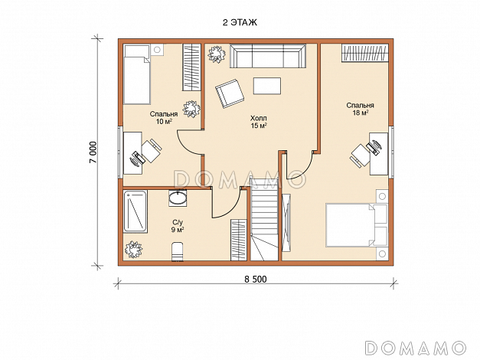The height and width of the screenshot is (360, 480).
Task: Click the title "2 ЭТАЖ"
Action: [240, 22]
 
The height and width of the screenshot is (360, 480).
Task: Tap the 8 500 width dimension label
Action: [255, 279]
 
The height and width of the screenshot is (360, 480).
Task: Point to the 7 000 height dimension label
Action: [93, 152]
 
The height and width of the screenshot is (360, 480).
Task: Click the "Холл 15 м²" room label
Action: [258, 122]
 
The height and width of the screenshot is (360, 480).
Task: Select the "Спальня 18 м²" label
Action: [360, 109]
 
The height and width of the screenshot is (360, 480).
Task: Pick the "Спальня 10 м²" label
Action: [164, 118]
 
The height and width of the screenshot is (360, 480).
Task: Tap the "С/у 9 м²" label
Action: [178, 226]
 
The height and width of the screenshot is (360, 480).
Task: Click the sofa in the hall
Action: [268, 56]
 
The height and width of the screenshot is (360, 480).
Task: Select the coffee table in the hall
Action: [267, 86]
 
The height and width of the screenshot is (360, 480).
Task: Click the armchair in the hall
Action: [230, 93]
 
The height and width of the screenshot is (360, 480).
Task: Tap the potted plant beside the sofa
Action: [217, 54]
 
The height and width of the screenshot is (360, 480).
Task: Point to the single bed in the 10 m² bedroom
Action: [137, 74]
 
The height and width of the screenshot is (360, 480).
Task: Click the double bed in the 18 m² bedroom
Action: [356, 225]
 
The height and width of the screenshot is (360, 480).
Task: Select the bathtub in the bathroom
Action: [135, 211]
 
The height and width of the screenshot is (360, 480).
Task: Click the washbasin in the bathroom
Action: [178, 198]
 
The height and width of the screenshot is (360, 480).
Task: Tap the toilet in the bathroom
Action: [178, 251]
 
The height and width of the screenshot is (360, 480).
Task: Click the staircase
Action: [264, 220]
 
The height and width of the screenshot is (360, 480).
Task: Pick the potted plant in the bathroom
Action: [133, 250]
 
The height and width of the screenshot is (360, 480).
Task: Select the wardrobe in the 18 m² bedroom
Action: [365, 53]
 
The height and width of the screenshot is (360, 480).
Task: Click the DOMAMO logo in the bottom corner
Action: [416, 348]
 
